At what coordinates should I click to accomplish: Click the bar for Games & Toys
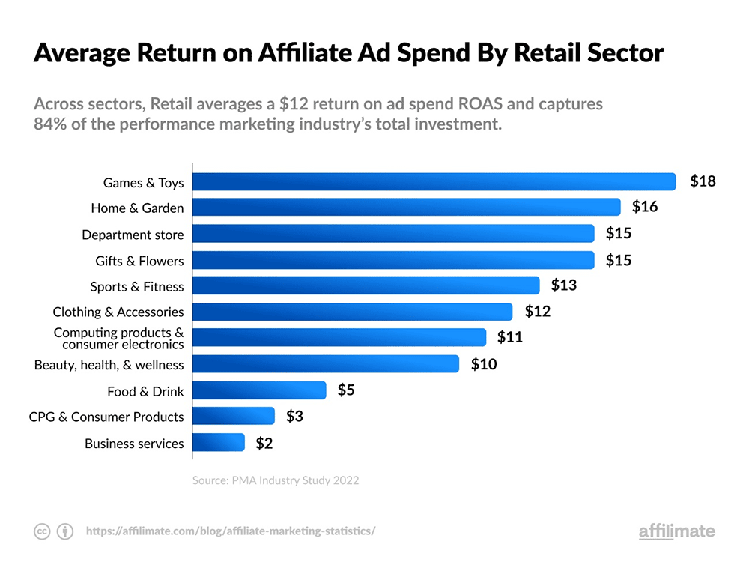pos(434,182)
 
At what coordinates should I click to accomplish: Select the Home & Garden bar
pos(407,208)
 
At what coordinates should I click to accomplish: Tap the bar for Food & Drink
pos(259,390)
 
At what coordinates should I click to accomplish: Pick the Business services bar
pos(219,443)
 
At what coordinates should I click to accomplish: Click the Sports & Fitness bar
pos(366,285)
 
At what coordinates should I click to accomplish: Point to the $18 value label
pos(703,181)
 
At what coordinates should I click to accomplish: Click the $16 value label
pos(645,207)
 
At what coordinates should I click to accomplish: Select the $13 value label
pos(564,285)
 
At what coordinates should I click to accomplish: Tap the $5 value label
pos(346,390)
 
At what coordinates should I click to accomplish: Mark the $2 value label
pos(264,443)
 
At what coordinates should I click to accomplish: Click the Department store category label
pos(133,235)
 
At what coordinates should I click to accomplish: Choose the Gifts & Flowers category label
pos(139,261)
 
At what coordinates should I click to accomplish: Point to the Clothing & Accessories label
pos(118,312)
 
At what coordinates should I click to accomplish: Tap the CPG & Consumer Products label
pos(106,417)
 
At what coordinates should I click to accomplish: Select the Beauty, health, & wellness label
pos(109,365)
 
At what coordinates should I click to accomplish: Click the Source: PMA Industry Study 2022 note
pos(276,480)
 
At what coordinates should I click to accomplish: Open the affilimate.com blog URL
pos(231,531)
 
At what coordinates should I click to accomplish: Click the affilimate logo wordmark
pos(676,531)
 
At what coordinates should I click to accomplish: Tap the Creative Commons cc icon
pos(42,531)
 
